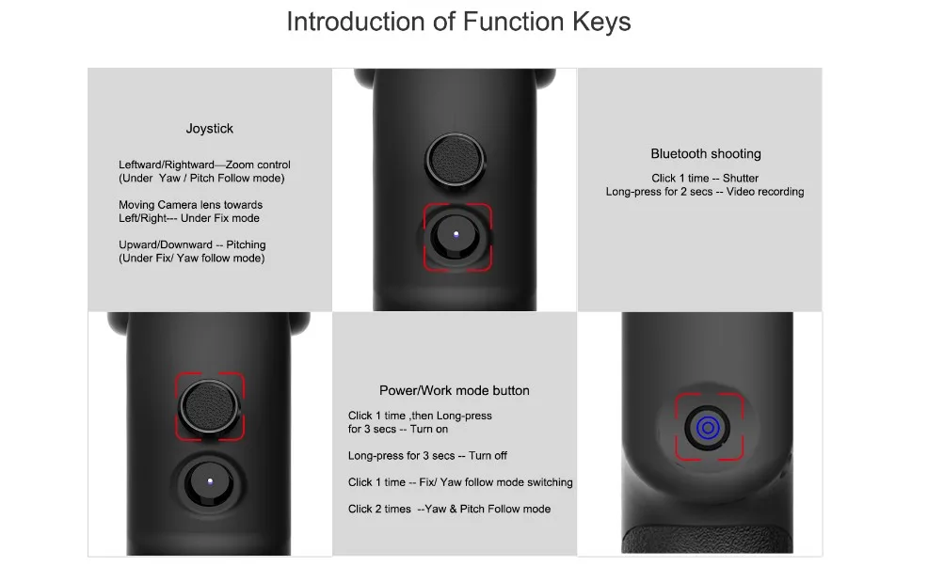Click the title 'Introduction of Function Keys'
click(x=458, y=23)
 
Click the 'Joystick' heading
click(x=209, y=129)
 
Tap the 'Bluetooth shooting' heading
click(x=706, y=154)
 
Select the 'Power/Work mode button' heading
click(x=454, y=390)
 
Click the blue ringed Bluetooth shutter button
click(x=709, y=428)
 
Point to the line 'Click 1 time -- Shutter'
click(x=705, y=179)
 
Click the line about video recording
click(x=705, y=192)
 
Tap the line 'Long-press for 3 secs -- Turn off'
click(x=427, y=456)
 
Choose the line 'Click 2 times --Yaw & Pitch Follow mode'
click(x=449, y=509)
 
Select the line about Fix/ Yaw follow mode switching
click(x=460, y=482)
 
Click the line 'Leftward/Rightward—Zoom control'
click(x=204, y=165)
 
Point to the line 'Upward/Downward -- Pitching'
click(x=192, y=244)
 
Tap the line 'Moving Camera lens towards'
click(x=190, y=205)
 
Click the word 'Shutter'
click(x=740, y=179)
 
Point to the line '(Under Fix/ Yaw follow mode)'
click(x=191, y=258)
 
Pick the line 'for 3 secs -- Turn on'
click(x=398, y=429)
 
